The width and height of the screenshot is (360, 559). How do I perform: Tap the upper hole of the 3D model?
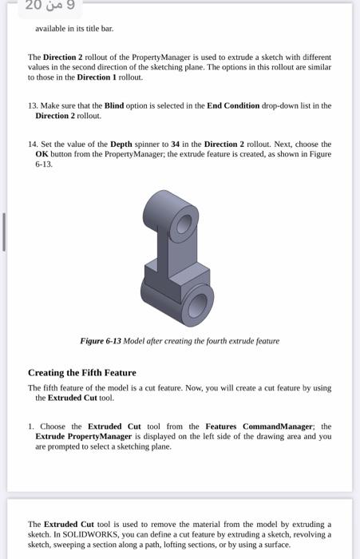point(184,227)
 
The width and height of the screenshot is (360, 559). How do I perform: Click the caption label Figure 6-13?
point(101,341)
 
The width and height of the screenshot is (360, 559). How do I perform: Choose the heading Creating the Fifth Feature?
point(81,373)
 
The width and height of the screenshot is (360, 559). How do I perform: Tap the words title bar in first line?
point(99,29)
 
